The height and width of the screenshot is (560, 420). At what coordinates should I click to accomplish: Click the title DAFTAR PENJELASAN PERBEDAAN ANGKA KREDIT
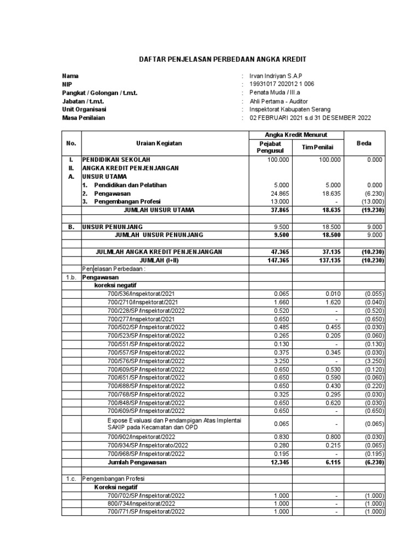(x=210, y=59)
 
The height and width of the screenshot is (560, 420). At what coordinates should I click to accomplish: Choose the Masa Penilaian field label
(x=83, y=118)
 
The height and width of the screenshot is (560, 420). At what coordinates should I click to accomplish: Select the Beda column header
(x=364, y=143)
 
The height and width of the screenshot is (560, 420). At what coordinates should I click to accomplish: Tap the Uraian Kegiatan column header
(x=159, y=143)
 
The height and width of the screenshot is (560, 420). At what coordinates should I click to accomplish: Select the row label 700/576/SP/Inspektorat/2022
(x=146, y=361)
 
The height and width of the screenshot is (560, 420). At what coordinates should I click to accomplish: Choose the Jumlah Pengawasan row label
(x=137, y=462)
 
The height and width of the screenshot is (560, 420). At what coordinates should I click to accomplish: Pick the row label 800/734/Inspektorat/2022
(x=141, y=504)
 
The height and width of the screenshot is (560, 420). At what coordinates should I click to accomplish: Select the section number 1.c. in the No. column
(x=71, y=479)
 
